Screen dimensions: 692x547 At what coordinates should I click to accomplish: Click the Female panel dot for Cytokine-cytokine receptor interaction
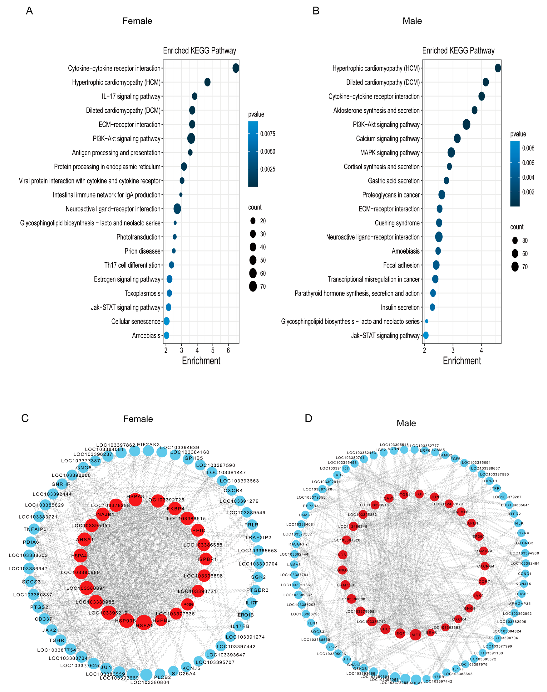coord(236,68)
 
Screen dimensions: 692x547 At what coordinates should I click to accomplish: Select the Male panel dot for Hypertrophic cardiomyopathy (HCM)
coord(498,68)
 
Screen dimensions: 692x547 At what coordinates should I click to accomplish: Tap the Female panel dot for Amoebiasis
coord(166,335)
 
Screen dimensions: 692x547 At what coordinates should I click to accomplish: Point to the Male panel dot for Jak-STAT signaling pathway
coord(426,335)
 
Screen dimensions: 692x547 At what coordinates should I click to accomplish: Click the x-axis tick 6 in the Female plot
coord(228,350)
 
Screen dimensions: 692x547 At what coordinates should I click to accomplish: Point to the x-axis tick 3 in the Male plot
coord(453,350)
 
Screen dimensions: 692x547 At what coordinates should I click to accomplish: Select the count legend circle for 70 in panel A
coord(253,286)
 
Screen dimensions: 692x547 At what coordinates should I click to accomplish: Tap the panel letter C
coord(25,418)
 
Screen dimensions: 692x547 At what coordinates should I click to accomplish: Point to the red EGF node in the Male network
coord(400,633)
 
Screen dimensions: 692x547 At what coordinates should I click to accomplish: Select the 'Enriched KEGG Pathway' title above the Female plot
coord(200,51)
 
